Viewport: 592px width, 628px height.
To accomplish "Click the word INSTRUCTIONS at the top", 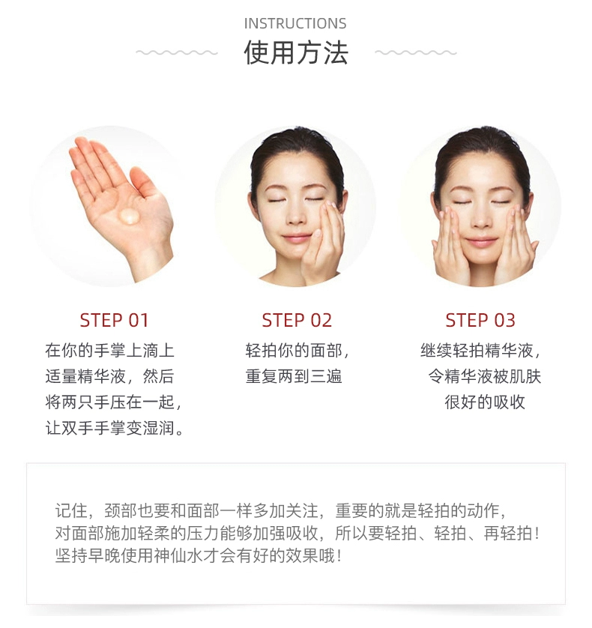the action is tap(295, 24).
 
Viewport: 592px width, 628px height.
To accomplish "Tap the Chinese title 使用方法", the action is tap(296, 52).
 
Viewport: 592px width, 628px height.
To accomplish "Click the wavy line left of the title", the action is tap(177, 52).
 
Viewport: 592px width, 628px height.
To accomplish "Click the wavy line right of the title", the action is tap(416, 52).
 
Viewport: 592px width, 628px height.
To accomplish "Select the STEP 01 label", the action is tap(114, 321).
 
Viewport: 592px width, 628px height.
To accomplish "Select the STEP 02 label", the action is tap(297, 321).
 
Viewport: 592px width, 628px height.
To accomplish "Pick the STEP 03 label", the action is tap(480, 321).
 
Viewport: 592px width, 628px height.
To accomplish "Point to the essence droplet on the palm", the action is tap(129, 216).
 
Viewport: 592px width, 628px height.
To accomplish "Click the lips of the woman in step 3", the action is tap(480, 242).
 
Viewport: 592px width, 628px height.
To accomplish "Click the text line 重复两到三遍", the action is tap(294, 376).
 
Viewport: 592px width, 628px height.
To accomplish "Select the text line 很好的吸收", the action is tap(485, 402).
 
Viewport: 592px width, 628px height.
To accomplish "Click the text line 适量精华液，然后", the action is tap(109, 376).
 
